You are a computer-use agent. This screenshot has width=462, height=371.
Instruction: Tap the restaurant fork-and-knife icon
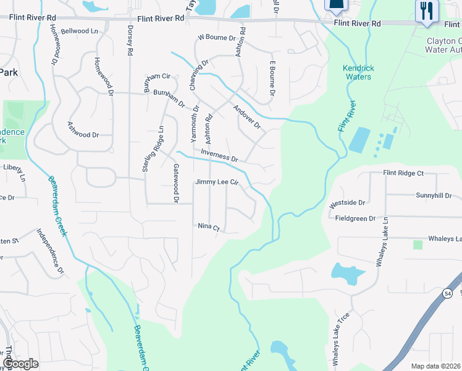coord(427,11)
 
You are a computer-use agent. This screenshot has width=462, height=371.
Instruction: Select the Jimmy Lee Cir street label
coord(217,182)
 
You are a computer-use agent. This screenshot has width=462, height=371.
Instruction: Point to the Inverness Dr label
coord(219,155)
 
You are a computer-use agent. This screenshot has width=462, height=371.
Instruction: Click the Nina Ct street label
coord(209,227)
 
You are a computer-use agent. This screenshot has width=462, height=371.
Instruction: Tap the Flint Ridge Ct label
coord(403,174)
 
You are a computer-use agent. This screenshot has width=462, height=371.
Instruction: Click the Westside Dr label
coord(347,202)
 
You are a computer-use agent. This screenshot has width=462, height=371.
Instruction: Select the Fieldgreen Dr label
coord(355,218)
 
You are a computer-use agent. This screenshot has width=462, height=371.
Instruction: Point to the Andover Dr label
coord(248,117)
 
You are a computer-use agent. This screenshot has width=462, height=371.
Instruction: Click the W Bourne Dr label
coord(217,38)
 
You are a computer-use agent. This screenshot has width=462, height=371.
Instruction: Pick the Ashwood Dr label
coord(83,134)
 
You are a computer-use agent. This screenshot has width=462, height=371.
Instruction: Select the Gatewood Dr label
coord(176,184)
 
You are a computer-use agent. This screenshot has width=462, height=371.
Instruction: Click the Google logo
coord(20,364)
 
